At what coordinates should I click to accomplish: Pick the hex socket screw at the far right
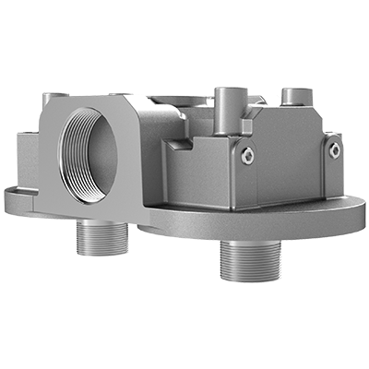tap(334, 149)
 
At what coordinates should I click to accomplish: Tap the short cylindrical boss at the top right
tap(295, 98)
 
